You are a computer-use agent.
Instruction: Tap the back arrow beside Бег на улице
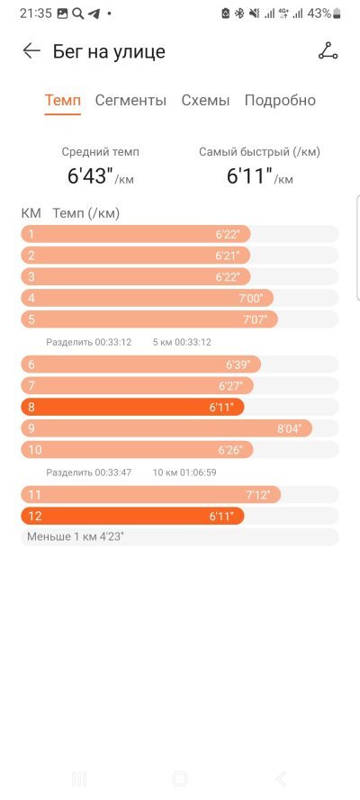[x=31, y=51]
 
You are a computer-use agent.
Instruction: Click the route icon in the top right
[x=328, y=51]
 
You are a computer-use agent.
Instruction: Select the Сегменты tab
[x=130, y=100]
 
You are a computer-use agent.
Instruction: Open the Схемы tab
[x=205, y=100]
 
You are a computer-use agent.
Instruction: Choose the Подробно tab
[x=280, y=101]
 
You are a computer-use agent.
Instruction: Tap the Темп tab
[x=63, y=100]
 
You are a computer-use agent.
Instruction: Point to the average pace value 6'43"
[x=90, y=176]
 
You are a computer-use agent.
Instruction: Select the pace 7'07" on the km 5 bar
[x=259, y=319]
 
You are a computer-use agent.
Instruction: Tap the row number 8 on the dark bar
[x=31, y=407]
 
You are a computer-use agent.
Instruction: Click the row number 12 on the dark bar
[x=35, y=516]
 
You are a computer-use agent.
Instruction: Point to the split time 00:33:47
[x=113, y=472]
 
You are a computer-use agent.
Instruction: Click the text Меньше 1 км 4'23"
[x=76, y=536]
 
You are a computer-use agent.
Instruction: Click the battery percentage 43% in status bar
[x=319, y=13]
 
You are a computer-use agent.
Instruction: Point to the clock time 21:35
[x=36, y=13]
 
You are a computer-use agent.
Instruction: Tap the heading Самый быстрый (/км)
[x=259, y=152]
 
